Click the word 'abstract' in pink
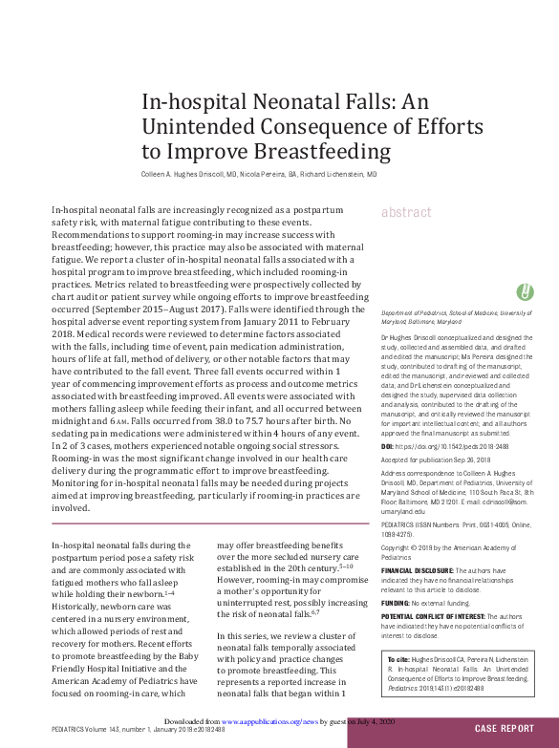[x=406, y=212]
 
